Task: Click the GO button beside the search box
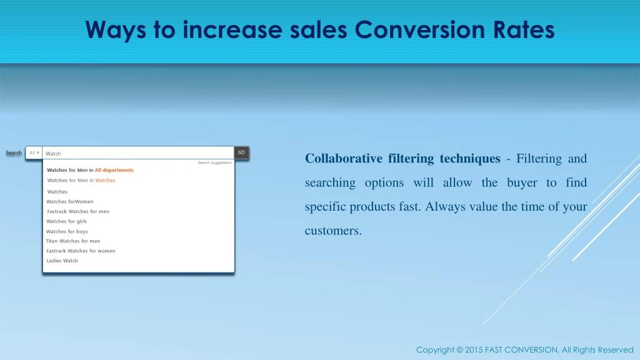click(x=241, y=152)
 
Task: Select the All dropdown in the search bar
click(x=34, y=152)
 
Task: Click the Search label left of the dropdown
click(x=14, y=152)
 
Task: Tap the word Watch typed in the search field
click(x=54, y=154)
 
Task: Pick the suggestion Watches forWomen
click(x=69, y=201)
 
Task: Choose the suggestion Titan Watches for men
click(x=72, y=241)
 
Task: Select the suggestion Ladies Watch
click(x=62, y=261)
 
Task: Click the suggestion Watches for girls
click(x=66, y=221)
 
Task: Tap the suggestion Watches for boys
click(x=67, y=231)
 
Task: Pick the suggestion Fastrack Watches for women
click(x=81, y=251)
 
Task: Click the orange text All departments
click(x=114, y=170)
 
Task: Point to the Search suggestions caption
click(x=214, y=162)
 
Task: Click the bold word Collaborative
click(x=343, y=159)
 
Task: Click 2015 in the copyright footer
click(x=474, y=350)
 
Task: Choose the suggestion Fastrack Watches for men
click(x=77, y=211)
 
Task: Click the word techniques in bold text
click(x=470, y=159)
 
